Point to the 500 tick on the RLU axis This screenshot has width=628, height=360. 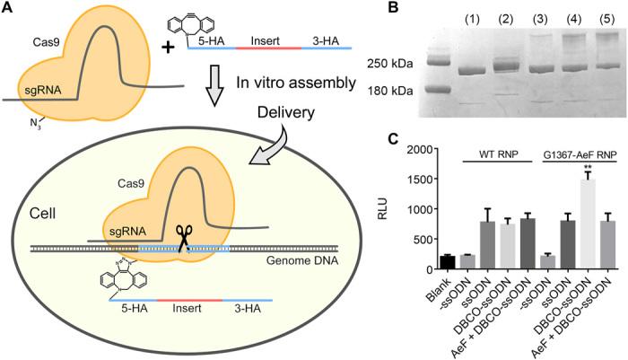(414, 239)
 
